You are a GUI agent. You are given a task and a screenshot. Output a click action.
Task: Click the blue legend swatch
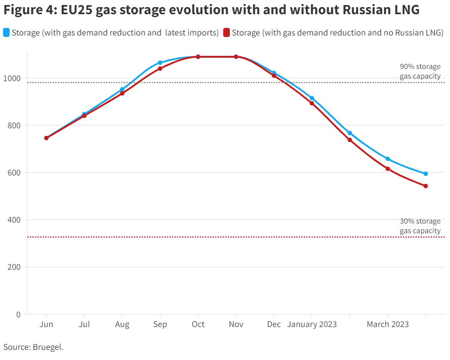(x=7, y=33)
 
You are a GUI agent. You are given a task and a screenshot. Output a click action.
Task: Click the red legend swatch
(x=227, y=33)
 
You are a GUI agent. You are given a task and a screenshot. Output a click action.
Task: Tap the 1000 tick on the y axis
(x=14, y=78)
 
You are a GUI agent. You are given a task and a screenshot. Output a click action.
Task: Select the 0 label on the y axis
(x=19, y=314)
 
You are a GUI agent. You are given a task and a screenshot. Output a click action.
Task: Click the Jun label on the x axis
(x=46, y=325)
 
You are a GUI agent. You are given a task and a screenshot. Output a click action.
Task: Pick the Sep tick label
(x=160, y=325)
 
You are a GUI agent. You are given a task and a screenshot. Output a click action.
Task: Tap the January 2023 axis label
(x=311, y=325)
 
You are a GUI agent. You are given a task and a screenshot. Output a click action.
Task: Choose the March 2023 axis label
(x=388, y=325)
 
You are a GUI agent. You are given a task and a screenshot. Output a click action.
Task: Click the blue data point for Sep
(x=160, y=63)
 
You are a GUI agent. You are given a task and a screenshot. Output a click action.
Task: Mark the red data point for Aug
(x=122, y=93)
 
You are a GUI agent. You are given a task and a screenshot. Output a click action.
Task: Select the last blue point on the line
(x=426, y=174)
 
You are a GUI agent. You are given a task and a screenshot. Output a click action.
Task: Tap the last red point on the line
(x=426, y=186)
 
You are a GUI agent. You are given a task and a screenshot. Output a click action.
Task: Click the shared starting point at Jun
(x=46, y=138)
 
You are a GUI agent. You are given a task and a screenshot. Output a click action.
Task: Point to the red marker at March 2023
(x=388, y=169)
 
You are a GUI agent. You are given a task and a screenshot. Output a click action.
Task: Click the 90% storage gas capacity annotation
(x=420, y=71)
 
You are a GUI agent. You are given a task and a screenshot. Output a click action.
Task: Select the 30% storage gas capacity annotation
(x=420, y=226)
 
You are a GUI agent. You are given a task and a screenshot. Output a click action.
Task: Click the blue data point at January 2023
(x=311, y=98)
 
